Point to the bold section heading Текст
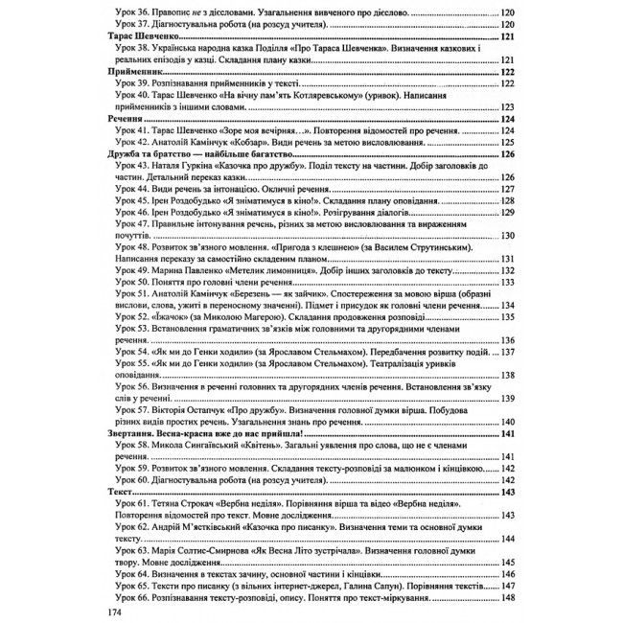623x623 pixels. pos(116,492)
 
